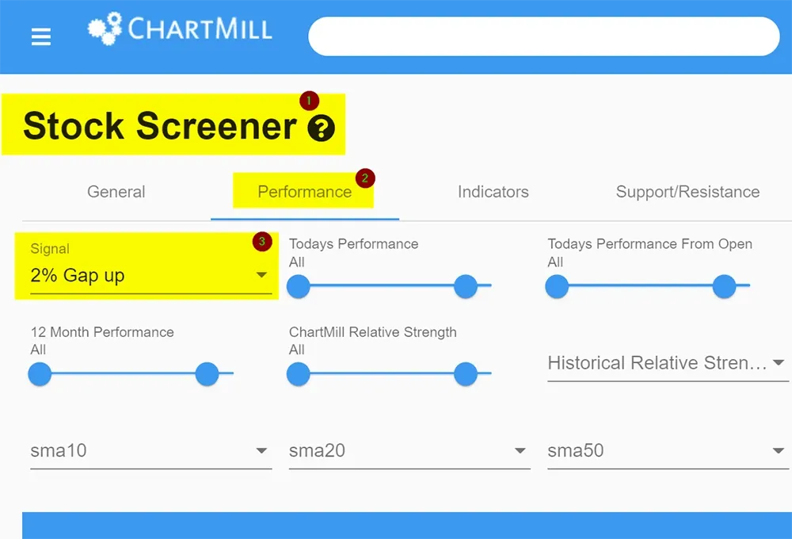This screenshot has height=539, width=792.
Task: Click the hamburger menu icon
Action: (x=41, y=36)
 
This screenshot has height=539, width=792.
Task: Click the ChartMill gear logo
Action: (x=105, y=29)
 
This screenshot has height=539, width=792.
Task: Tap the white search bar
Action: (x=544, y=36)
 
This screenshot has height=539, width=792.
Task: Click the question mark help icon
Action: (x=322, y=128)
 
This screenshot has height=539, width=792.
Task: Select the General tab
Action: (x=116, y=192)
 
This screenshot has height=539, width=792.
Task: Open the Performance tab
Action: (x=305, y=192)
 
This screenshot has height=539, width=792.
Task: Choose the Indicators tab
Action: (x=493, y=192)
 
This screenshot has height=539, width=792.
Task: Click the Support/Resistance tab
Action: (x=687, y=192)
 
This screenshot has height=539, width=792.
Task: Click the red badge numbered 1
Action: (x=309, y=101)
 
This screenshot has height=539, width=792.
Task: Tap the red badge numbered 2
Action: (x=364, y=178)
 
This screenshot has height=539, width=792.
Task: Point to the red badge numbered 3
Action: (x=262, y=242)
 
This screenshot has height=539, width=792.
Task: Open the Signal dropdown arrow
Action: (x=261, y=275)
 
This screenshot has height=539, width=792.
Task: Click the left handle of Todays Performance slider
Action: (x=298, y=286)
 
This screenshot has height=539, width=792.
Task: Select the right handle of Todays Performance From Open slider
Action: (x=725, y=286)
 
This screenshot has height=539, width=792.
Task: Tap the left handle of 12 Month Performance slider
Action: (x=40, y=374)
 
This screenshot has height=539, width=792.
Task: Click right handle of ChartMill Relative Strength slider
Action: (x=466, y=374)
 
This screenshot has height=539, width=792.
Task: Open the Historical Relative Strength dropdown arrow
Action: (x=779, y=362)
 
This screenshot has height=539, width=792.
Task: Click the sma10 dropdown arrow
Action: (x=261, y=450)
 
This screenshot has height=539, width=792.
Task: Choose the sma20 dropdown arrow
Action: (x=520, y=450)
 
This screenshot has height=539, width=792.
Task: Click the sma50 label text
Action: (x=575, y=450)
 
